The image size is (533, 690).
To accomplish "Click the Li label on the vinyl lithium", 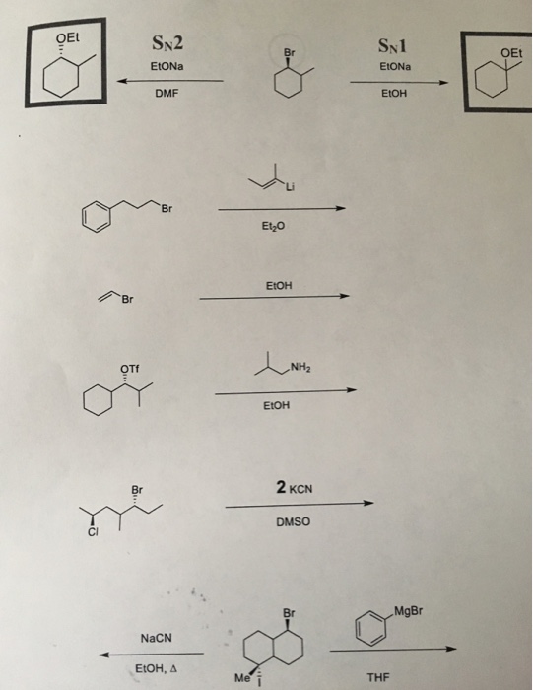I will pyautogui.click(x=291, y=187).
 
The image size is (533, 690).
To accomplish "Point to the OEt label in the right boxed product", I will pyautogui.click(x=510, y=53).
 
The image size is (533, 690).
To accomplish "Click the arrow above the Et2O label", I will pyautogui.click(x=282, y=209).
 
